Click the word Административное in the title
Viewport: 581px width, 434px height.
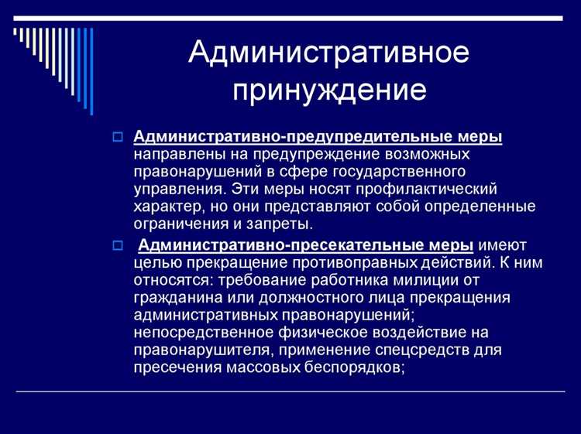coord(328,53)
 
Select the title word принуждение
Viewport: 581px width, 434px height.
coord(330,90)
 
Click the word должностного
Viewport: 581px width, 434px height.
coord(300,297)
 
